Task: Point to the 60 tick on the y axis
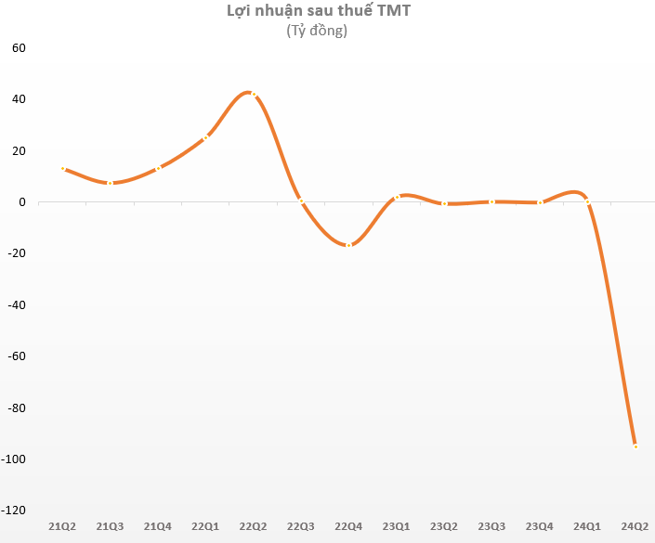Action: click(19, 47)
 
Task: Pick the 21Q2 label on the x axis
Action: click(62, 527)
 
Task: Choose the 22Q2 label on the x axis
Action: click(253, 527)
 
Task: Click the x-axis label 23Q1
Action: click(397, 527)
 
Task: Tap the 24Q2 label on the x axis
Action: click(635, 527)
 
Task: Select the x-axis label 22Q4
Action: click(348, 527)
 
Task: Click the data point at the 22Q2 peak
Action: click(253, 94)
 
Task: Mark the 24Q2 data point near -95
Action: click(635, 446)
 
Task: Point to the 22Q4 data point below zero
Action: click(348, 245)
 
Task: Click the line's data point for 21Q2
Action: click(62, 168)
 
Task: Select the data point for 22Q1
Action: click(205, 137)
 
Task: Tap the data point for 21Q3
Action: click(110, 183)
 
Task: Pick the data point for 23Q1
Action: click(397, 197)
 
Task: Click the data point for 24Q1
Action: click(587, 200)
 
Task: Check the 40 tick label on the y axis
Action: click(19, 99)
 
